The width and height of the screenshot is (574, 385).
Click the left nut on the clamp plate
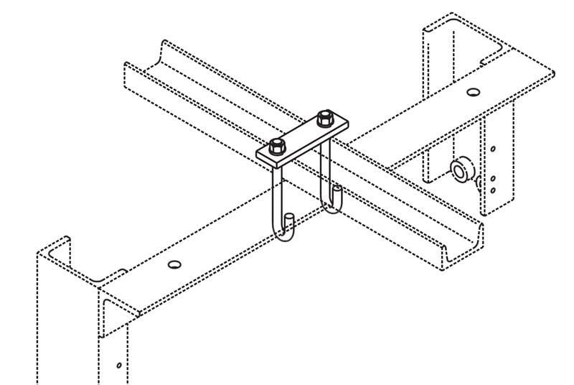pyautogui.click(x=278, y=146)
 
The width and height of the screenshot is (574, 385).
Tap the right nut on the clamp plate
pyautogui.click(x=325, y=117)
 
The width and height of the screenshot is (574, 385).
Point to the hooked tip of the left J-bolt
pyautogui.click(x=289, y=220)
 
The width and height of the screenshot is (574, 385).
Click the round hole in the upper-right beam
pyautogui.click(x=472, y=92)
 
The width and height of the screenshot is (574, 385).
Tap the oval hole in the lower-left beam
pyautogui.click(x=174, y=264)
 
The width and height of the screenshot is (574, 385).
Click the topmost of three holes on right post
pyautogui.click(x=493, y=149)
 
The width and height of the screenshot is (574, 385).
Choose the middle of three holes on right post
pyautogui.click(x=493, y=177)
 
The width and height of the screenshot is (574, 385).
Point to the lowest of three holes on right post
pyautogui.click(x=493, y=190)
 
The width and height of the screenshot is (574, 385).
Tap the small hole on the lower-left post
pyautogui.click(x=119, y=365)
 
